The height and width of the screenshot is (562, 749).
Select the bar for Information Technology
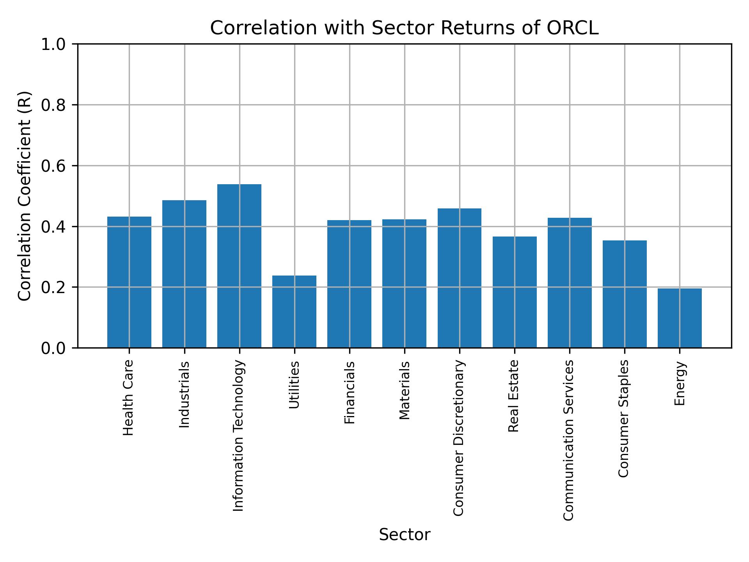(239, 266)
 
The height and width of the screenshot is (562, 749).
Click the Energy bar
(680, 318)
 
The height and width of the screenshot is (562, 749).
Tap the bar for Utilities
(294, 311)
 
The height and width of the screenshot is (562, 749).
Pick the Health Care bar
(129, 282)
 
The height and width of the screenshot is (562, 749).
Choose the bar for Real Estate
(515, 292)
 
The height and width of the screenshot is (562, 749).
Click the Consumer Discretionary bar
(459, 278)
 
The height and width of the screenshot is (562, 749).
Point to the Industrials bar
(184, 274)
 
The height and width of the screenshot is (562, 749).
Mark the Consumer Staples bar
(625, 294)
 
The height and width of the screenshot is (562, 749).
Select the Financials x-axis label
(350, 392)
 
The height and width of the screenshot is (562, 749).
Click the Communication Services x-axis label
(569, 440)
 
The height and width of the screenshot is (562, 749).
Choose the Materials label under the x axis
(405, 390)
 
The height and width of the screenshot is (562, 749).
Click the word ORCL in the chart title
(572, 28)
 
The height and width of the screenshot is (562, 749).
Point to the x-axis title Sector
(405, 535)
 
